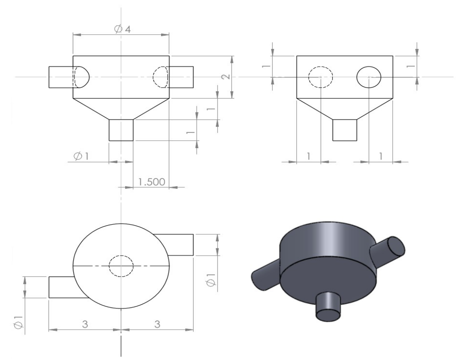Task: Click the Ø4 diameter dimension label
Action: coord(122,29)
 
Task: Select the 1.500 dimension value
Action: coord(151,182)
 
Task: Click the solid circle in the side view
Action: coord(369,77)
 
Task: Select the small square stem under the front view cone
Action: coord(121,130)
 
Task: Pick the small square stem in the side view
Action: coord(345,130)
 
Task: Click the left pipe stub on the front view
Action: coord(61,77)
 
